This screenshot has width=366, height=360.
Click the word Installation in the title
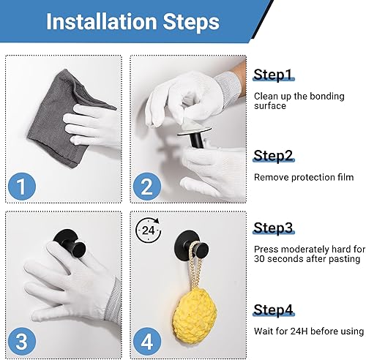102,21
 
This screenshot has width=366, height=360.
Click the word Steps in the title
191,22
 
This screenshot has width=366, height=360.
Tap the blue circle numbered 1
22,187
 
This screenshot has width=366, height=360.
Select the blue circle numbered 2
147,187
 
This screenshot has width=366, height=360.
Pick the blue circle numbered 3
22,342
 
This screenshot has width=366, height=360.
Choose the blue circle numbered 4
147,342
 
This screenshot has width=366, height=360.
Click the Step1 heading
273,75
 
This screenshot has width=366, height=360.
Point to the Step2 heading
273,155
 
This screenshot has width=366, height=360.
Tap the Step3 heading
273,228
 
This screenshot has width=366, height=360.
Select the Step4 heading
273,310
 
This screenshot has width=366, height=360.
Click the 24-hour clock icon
148,230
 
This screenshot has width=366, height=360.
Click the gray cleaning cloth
66,119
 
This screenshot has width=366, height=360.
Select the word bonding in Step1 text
327,97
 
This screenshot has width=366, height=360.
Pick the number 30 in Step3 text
259,259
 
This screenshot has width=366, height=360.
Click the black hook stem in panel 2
197,140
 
